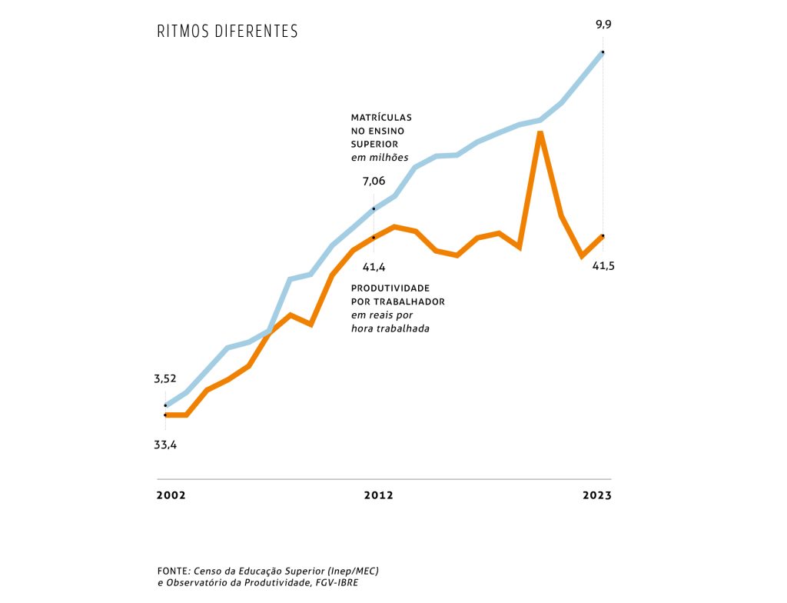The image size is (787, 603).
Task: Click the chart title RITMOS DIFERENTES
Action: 227,32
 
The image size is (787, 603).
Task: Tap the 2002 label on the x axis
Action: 171,495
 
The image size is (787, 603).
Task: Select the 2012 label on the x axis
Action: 378,495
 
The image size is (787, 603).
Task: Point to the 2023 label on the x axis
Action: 597,495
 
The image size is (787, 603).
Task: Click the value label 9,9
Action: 603,25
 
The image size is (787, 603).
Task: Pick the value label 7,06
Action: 374,182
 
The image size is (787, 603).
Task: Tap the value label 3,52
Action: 165,378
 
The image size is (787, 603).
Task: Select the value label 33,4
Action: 165,445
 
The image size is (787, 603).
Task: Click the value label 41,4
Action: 374,267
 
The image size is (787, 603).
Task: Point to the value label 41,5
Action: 603,265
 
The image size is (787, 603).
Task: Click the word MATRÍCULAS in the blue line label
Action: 381,118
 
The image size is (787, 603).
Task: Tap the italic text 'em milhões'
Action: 380,158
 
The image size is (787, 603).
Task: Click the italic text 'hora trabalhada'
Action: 390,328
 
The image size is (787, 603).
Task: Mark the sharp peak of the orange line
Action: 541,133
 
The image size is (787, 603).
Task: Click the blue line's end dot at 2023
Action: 603,52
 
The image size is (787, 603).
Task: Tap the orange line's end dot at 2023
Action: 603,235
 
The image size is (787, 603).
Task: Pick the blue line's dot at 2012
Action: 374,208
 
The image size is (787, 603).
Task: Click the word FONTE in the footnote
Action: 173,571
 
